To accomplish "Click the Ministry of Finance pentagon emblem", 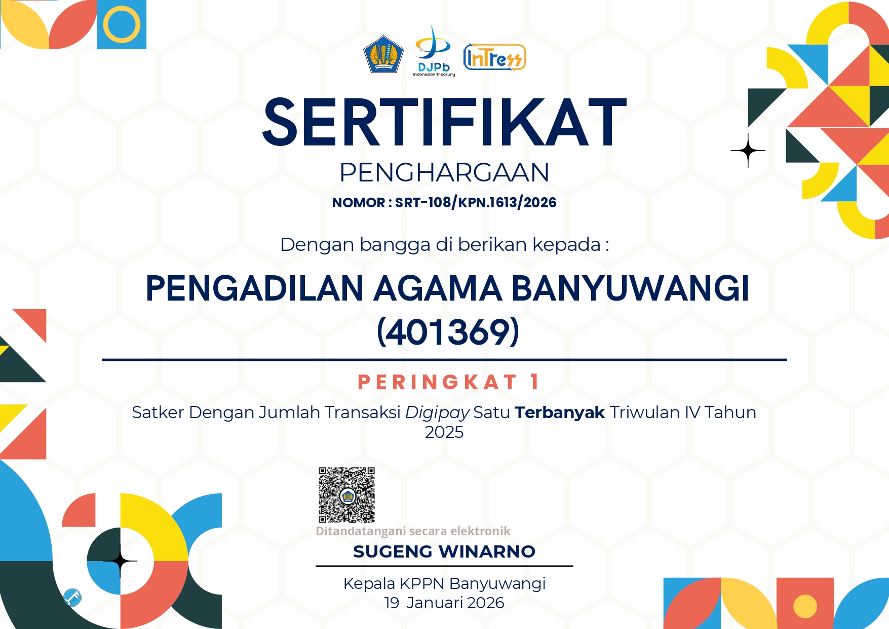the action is (x=383, y=54).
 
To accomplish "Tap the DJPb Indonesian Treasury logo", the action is (x=434, y=51).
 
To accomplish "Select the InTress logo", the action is (x=494, y=57).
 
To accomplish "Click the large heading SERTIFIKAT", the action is (x=444, y=123).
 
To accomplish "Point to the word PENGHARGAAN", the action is (x=444, y=172).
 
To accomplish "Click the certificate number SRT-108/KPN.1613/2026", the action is (x=476, y=203).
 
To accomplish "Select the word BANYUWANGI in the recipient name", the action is (x=630, y=288).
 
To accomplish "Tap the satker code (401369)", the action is (x=448, y=332).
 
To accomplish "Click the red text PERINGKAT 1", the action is (x=448, y=382).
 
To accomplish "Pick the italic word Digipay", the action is (x=437, y=413).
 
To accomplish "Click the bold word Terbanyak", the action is (x=560, y=413).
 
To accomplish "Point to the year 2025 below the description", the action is (x=444, y=432).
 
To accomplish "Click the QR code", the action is (x=346, y=495).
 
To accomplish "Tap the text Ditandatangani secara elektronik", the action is (x=413, y=531).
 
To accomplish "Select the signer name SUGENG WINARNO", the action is (x=444, y=551).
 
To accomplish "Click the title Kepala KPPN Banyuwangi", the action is (x=444, y=584).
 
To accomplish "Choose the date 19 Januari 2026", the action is (x=444, y=603).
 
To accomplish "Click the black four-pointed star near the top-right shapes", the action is (x=748, y=151).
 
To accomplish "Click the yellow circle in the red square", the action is (x=805, y=606).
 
